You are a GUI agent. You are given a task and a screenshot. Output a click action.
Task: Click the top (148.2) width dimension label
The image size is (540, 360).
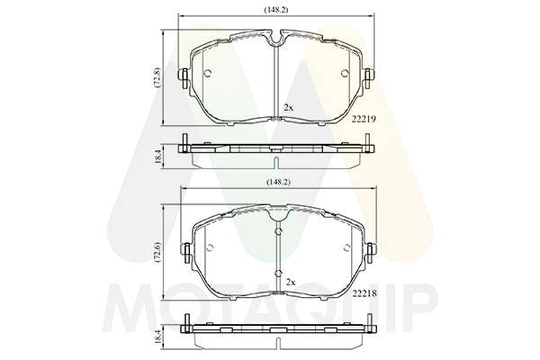276,10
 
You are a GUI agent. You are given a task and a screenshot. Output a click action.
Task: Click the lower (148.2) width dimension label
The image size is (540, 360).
278,182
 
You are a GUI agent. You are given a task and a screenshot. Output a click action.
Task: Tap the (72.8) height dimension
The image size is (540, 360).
157,77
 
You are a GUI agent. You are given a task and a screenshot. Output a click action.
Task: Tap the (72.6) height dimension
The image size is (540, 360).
157,252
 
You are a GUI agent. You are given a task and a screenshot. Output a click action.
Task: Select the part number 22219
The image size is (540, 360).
364,119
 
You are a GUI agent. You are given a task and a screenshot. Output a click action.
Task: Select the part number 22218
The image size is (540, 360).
364,293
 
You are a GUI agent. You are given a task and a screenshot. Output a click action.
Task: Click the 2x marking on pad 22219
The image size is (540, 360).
288,107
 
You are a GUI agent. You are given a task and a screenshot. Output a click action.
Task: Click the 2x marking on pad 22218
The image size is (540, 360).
291,283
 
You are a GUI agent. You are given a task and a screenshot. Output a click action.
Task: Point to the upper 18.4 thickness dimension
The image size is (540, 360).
157,157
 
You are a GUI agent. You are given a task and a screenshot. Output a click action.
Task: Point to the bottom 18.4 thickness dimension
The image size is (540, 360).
157,337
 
